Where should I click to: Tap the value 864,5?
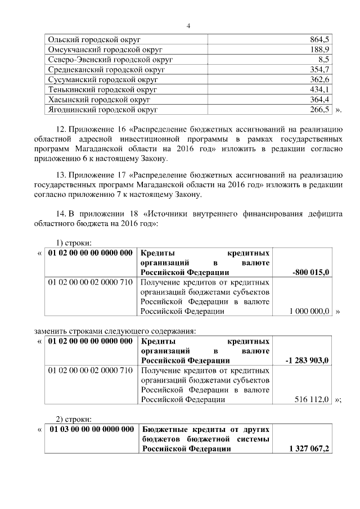pyautogui.click(x=319, y=40)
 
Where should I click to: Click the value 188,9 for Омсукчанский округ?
pyautogui.click(x=319, y=49)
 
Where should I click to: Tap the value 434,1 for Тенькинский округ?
pyautogui.click(x=319, y=89)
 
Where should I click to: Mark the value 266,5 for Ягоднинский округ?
pyautogui.click(x=319, y=109)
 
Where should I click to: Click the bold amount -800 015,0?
pyautogui.click(x=311, y=273)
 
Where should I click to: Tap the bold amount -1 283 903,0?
pyautogui.click(x=308, y=361)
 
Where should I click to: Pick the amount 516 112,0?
pyautogui.click(x=312, y=399)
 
